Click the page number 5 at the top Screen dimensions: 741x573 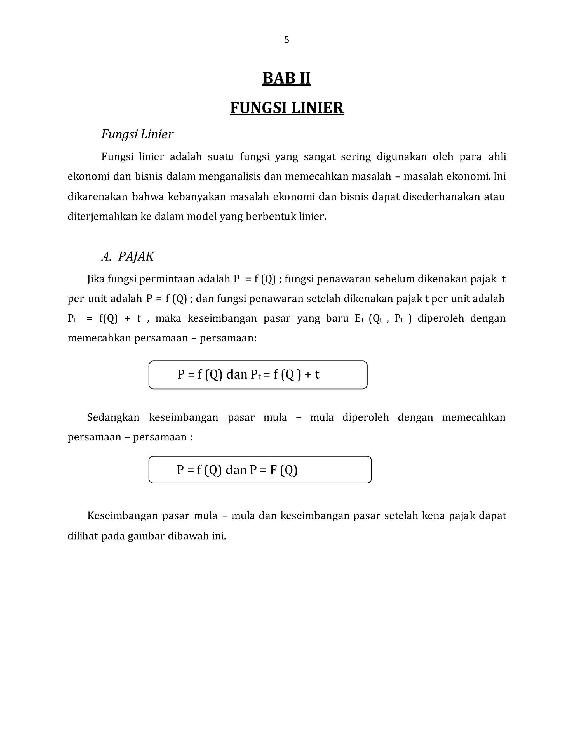[286, 40]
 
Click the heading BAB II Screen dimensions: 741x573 [286, 78]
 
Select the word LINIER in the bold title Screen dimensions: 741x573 [317, 108]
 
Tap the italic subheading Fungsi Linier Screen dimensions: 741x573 [137, 134]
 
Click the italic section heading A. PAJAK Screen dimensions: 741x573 [128, 256]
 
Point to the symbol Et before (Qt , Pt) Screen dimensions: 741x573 [359, 318]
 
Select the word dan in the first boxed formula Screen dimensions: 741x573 [237, 375]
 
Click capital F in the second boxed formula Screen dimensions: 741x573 [273, 470]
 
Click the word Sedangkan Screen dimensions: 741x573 [113, 417]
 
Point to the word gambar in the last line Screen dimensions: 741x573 [146, 536]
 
